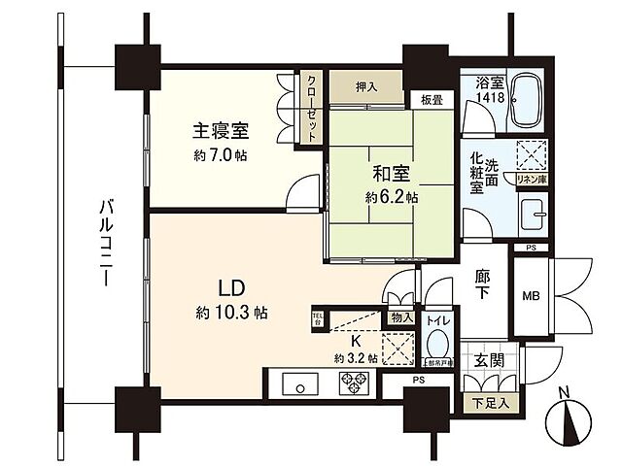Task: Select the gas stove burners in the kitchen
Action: pyautogui.click(x=352, y=383)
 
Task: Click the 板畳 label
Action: pyautogui.click(x=432, y=100)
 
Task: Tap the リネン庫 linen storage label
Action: pyautogui.click(x=531, y=180)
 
